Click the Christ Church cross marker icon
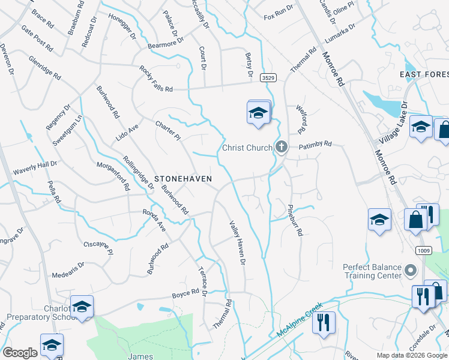[281, 146]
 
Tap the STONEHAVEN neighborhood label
[183, 179]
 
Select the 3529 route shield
[268, 78]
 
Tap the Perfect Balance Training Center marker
[411, 271]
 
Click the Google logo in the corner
[20, 353]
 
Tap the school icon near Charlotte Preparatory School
[82, 307]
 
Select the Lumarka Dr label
[340, 31]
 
